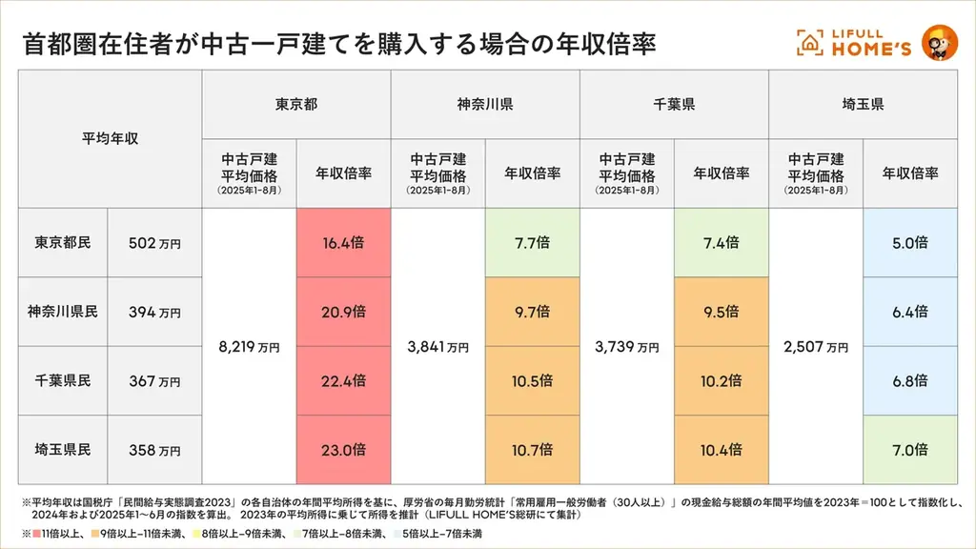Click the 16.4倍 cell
coord(344,243)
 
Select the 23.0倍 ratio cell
coord(344,450)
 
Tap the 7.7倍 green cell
coord(532,243)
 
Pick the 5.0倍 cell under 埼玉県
coord(909,243)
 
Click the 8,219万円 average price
coord(250,347)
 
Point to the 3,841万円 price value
coord(438,347)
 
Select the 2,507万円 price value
coord(816,347)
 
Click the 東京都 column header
coord(296,104)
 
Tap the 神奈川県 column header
coord(485,104)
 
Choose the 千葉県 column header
coord(674,104)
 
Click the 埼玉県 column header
coord(863,104)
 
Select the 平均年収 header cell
coord(110,138)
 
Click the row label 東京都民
coord(63,243)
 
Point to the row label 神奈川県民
coord(63,312)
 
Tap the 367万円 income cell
coord(154,381)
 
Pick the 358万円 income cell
coord(154,450)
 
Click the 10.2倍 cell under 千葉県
coord(721,381)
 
